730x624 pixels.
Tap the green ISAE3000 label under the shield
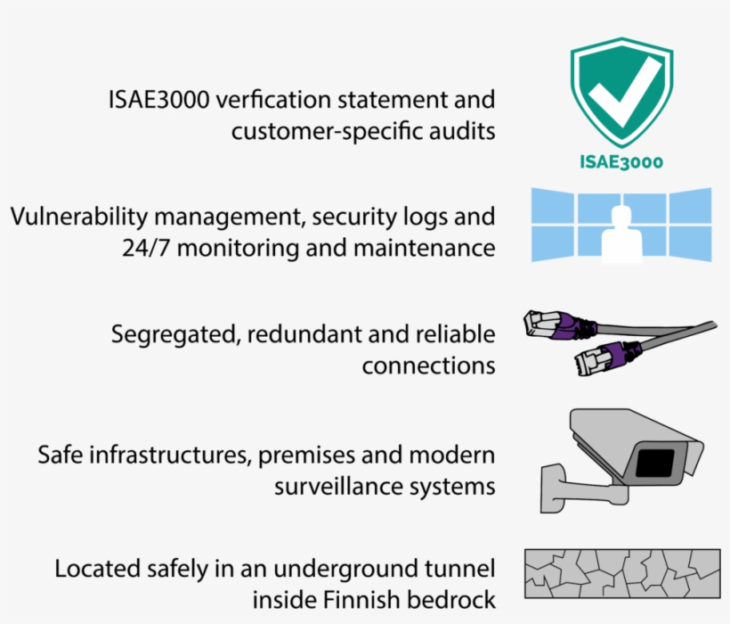point(622,162)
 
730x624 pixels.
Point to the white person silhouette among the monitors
point(622,234)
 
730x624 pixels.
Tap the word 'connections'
point(428,365)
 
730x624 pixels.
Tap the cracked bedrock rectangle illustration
point(621,573)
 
